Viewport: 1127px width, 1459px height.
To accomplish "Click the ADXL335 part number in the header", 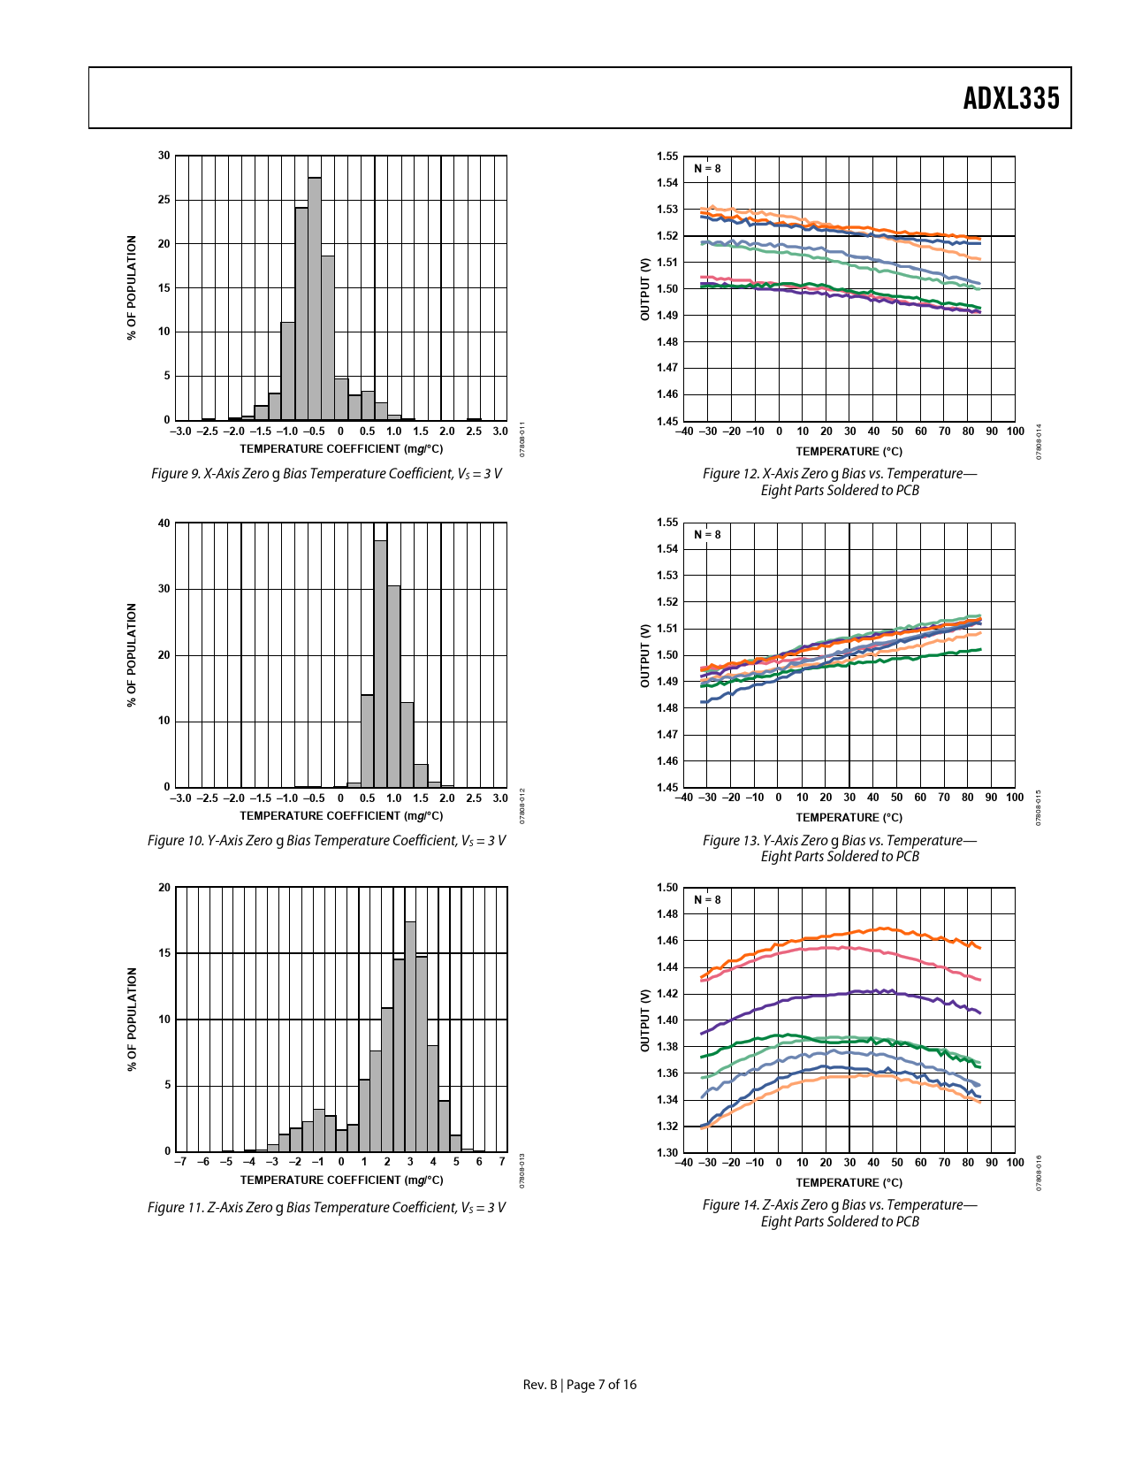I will (x=1010, y=98).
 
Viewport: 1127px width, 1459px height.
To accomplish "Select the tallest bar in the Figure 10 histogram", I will (x=381, y=663).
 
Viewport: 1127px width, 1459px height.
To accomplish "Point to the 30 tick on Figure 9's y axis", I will (x=164, y=156).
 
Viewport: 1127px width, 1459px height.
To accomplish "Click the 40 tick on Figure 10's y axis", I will (x=164, y=523).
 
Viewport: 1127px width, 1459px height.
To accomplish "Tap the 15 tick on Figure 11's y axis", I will (x=164, y=953).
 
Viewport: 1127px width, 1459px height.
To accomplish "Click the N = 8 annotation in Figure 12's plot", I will (x=707, y=168).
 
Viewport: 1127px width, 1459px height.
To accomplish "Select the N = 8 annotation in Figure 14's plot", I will (x=707, y=900).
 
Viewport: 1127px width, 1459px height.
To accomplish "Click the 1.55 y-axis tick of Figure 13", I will (x=667, y=523).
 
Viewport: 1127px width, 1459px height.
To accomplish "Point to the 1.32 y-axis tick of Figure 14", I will (x=667, y=1127).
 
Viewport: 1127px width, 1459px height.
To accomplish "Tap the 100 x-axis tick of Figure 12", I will (x=1016, y=432).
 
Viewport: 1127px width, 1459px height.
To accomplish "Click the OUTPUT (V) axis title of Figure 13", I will (x=645, y=655).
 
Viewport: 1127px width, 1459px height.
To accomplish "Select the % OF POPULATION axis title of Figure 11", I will (x=133, y=1019).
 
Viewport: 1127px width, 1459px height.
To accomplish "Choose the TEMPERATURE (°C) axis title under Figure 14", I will (x=849, y=1182).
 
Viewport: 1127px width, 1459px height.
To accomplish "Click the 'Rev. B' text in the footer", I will (x=539, y=1385).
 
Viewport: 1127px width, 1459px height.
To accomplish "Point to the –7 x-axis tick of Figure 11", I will (x=180, y=1162).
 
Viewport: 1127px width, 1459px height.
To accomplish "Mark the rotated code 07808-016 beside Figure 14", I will (x=1039, y=1173).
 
